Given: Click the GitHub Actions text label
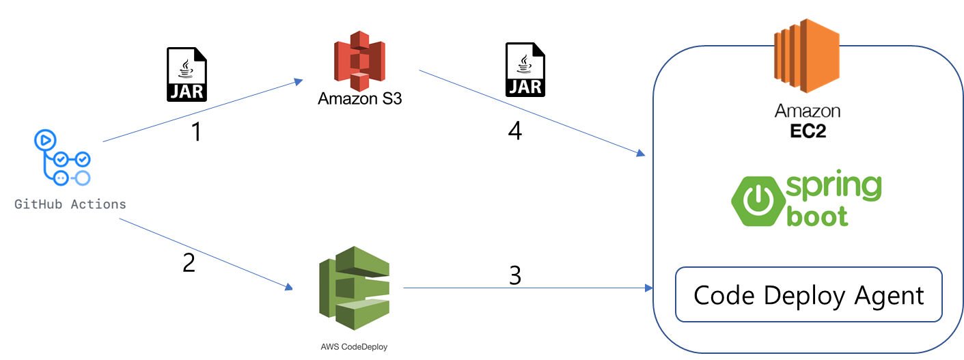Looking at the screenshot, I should (70, 204).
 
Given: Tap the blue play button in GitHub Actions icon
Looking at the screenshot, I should (44, 141).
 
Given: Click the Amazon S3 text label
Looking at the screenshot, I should (359, 99).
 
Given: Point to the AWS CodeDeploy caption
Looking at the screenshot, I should (353, 346).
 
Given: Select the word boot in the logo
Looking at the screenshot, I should (818, 215).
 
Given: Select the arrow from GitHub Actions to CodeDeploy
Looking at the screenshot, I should (205, 253).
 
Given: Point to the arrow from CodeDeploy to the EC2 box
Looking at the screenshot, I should (526, 288).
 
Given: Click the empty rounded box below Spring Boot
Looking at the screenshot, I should (808, 294).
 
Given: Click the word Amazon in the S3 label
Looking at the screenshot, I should (346, 99).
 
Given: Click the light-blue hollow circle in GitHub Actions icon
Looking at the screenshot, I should (82, 178).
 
